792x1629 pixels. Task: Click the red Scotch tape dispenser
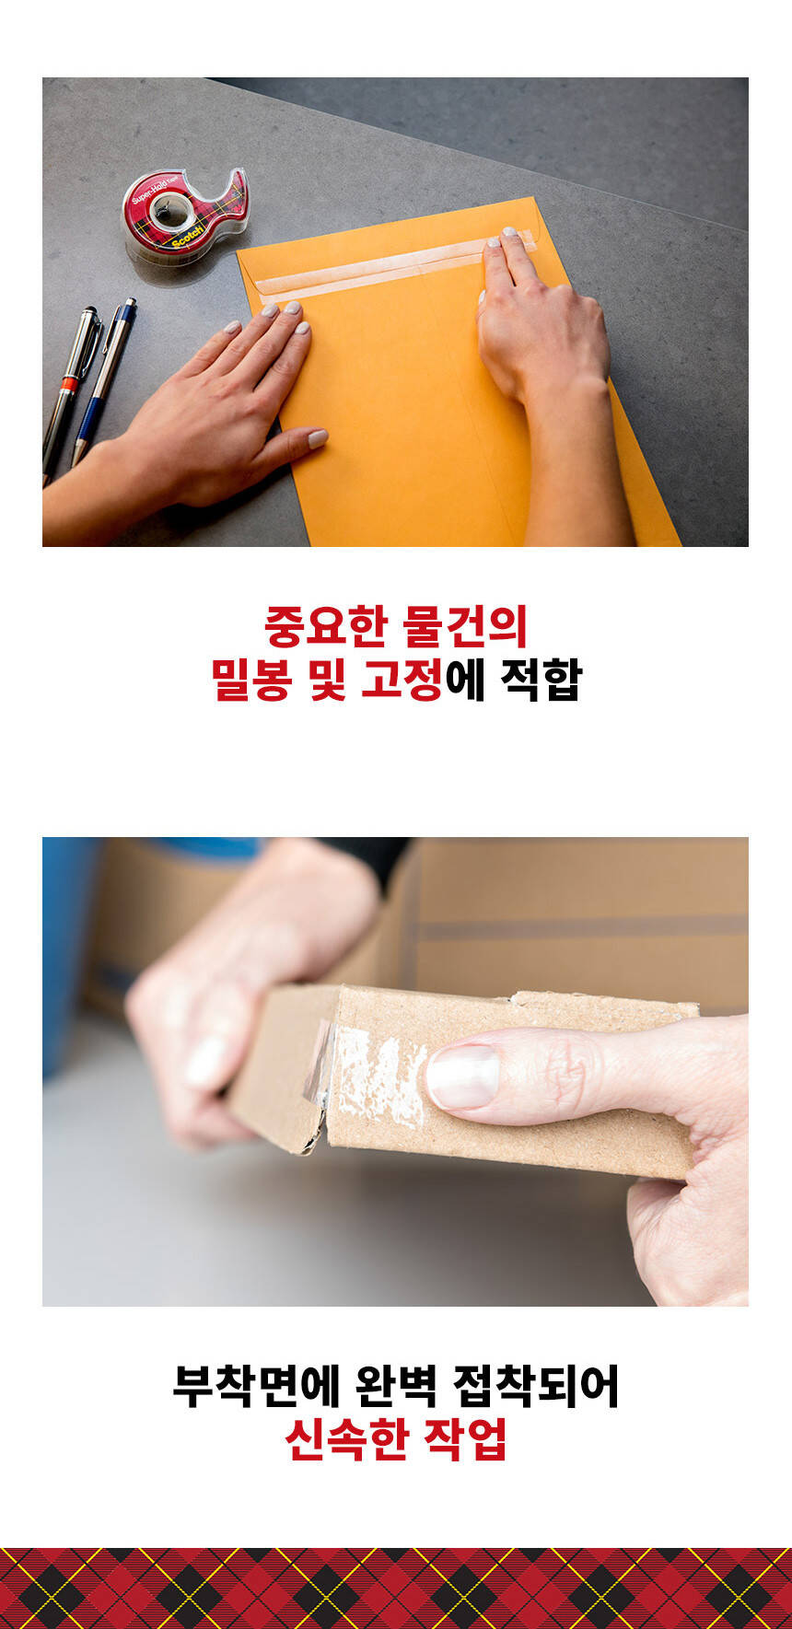click(x=184, y=213)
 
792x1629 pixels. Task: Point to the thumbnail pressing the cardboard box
click(x=462, y=1076)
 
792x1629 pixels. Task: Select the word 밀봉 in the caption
click(x=250, y=680)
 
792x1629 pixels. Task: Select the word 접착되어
click(x=536, y=1387)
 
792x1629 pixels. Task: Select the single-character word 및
click(x=326, y=680)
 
